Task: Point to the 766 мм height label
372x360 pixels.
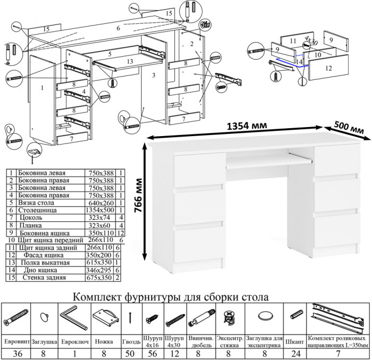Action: (x=139, y=202)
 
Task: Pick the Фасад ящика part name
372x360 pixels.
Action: (x=43, y=255)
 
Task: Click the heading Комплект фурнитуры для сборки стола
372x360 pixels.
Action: (x=171, y=296)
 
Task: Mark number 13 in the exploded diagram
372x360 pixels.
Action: (x=130, y=62)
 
